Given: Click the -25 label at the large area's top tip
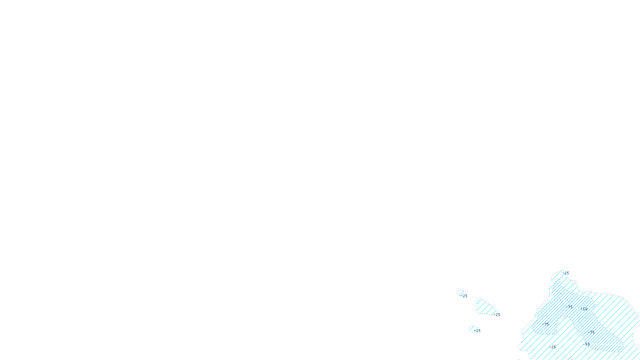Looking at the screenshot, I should click(x=566, y=273).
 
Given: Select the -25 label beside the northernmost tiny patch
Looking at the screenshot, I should click(x=464, y=296).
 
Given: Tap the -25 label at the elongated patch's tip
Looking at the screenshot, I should click(x=497, y=315).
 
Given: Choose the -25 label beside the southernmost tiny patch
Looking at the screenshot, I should click(x=477, y=331).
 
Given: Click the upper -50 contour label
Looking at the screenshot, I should click(x=584, y=309).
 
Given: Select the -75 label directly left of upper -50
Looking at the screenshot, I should click(x=570, y=307).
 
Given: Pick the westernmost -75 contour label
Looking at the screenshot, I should click(x=546, y=324).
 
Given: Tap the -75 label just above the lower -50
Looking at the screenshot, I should click(x=591, y=332).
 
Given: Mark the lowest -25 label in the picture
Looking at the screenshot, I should click(x=553, y=347).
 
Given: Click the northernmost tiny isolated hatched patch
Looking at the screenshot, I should click(x=461, y=293).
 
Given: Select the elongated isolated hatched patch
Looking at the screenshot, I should click(x=485, y=307).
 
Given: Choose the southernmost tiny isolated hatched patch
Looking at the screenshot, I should click(x=473, y=329).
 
